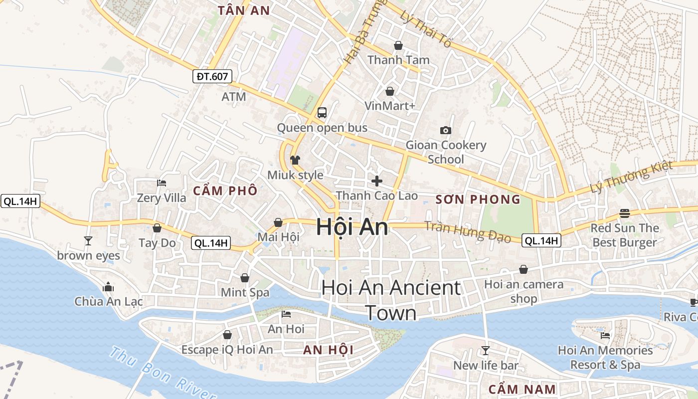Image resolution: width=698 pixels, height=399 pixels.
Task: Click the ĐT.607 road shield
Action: [x=212, y=76]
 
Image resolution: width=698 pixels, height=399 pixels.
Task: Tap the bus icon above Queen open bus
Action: [x=322, y=112]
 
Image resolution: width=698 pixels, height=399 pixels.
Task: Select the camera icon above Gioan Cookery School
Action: [x=446, y=130]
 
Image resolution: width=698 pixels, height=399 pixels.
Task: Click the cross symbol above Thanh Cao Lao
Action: [x=377, y=181]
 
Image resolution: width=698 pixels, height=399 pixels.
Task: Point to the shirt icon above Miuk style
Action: [x=295, y=160]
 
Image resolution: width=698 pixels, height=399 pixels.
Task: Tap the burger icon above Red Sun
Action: [x=624, y=213]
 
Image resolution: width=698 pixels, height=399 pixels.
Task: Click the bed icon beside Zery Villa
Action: [x=161, y=183]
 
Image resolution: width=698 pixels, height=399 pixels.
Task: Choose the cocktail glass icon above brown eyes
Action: [x=88, y=241]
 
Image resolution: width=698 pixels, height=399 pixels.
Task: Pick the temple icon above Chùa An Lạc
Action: [x=108, y=287]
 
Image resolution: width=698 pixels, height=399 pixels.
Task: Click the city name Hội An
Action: [x=352, y=227]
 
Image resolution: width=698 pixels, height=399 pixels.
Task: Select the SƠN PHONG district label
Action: [x=478, y=200]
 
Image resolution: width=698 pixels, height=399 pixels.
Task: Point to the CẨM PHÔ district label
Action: [x=225, y=191]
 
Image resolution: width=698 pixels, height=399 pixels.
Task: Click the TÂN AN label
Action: [x=244, y=10]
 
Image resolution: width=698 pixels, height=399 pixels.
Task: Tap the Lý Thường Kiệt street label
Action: [x=631, y=177]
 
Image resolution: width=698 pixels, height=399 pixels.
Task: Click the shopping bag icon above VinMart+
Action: [x=390, y=91]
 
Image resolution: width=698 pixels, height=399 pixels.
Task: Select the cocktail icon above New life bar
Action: [x=485, y=350]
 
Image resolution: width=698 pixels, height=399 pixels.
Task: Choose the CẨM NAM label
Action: [x=522, y=389]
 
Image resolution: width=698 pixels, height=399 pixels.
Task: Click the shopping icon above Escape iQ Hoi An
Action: [x=227, y=335]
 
